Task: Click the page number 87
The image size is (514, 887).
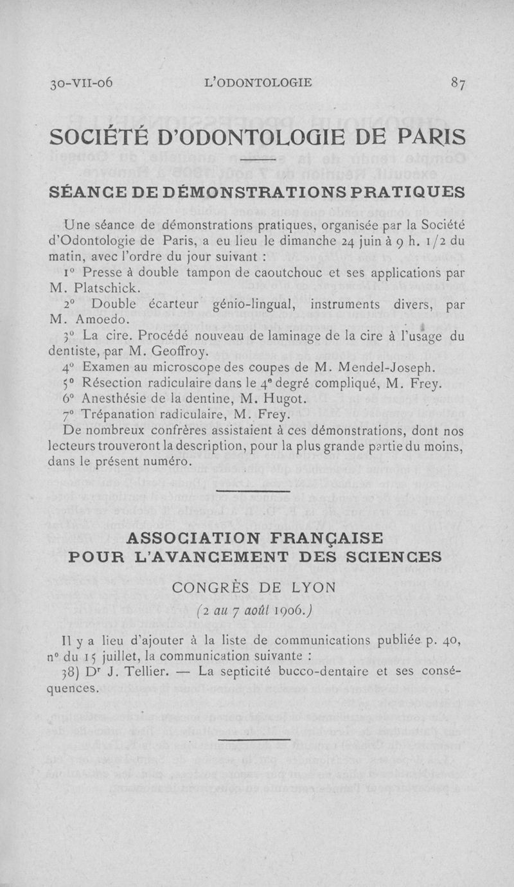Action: point(458,83)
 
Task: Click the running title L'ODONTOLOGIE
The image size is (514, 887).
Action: point(257,83)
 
